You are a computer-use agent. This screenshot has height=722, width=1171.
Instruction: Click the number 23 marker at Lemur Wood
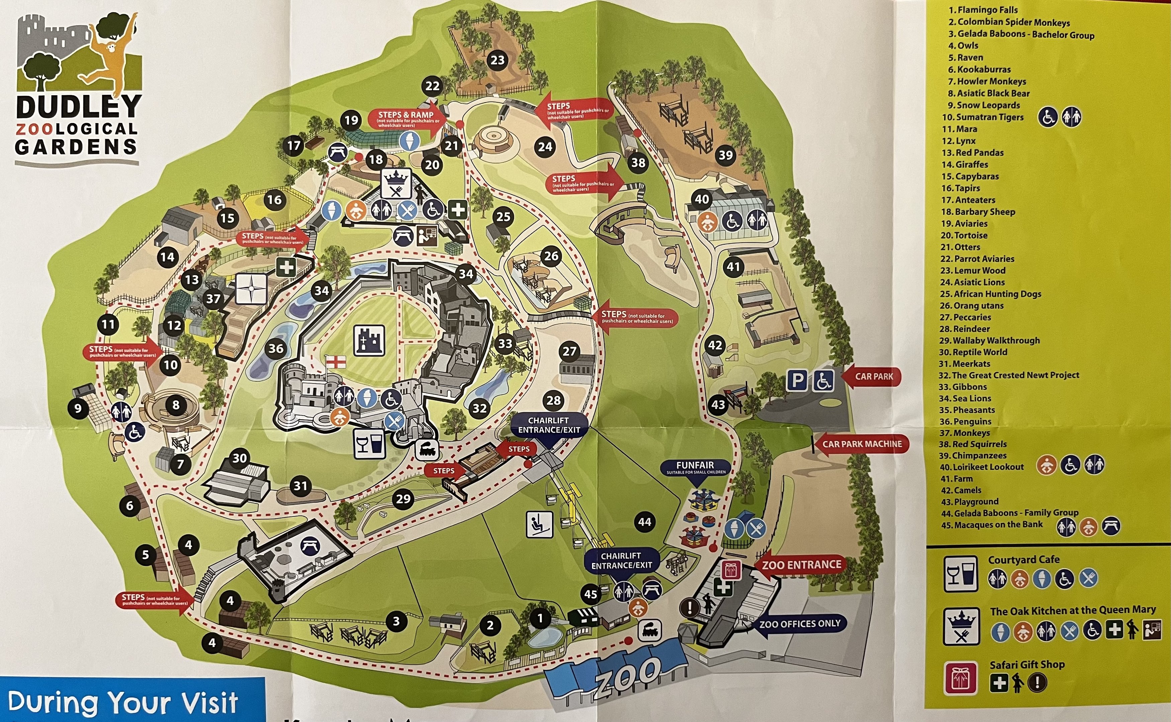click(497, 60)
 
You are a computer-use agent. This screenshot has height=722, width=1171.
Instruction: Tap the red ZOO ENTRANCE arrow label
click(801, 565)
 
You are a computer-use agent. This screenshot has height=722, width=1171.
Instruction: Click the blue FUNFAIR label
click(696, 467)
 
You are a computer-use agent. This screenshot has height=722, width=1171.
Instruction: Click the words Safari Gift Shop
click(1027, 664)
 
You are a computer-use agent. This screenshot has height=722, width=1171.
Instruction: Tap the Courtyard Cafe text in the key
click(1024, 559)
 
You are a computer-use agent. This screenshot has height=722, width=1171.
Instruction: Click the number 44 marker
click(644, 522)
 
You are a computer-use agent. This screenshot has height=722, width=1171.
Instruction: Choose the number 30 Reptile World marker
click(240, 458)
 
